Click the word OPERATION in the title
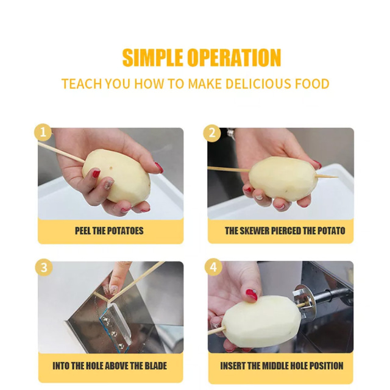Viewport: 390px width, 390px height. click(x=234, y=57)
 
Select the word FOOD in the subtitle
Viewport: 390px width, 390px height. click(x=312, y=83)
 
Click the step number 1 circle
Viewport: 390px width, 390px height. click(x=43, y=132)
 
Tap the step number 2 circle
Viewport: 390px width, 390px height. click(x=212, y=133)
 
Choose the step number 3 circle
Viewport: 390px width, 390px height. click(x=44, y=268)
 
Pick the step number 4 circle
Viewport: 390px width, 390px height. click(x=213, y=267)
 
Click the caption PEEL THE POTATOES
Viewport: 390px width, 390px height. click(x=109, y=231)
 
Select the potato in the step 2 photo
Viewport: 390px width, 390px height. click(x=282, y=178)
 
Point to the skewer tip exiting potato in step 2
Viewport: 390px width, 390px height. click(x=338, y=177)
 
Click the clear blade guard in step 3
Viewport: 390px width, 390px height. click(x=116, y=326)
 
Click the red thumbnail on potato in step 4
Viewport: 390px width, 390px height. click(x=252, y=295)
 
